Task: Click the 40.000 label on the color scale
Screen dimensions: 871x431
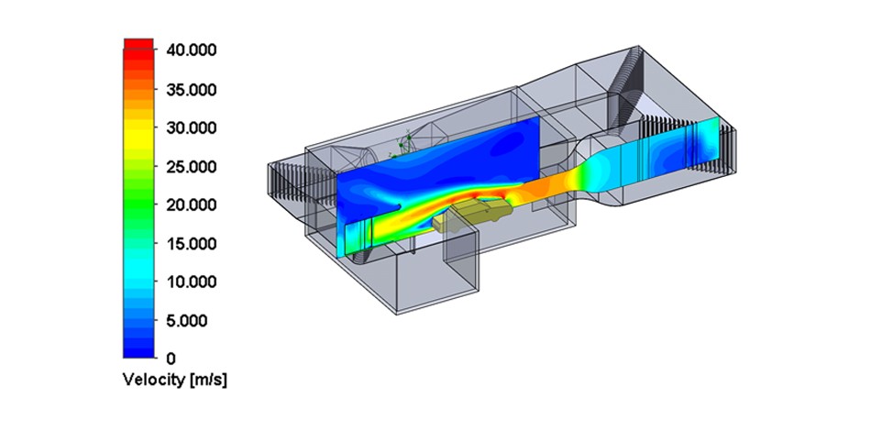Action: tap(191, 50)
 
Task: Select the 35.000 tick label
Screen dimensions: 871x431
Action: tap(191, 90)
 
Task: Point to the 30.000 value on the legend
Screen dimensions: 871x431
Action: tap(191, 127)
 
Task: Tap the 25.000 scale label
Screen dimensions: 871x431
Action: tap(191, 167)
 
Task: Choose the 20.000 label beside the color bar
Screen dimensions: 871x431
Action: tap(191, 204)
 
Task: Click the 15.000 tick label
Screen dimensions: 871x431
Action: tap(191, 243)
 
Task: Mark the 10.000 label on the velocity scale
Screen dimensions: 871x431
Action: tap(191, 282)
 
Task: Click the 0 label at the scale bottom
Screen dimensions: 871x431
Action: tap(171, 359)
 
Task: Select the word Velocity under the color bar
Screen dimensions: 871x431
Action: tap(154, 381)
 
